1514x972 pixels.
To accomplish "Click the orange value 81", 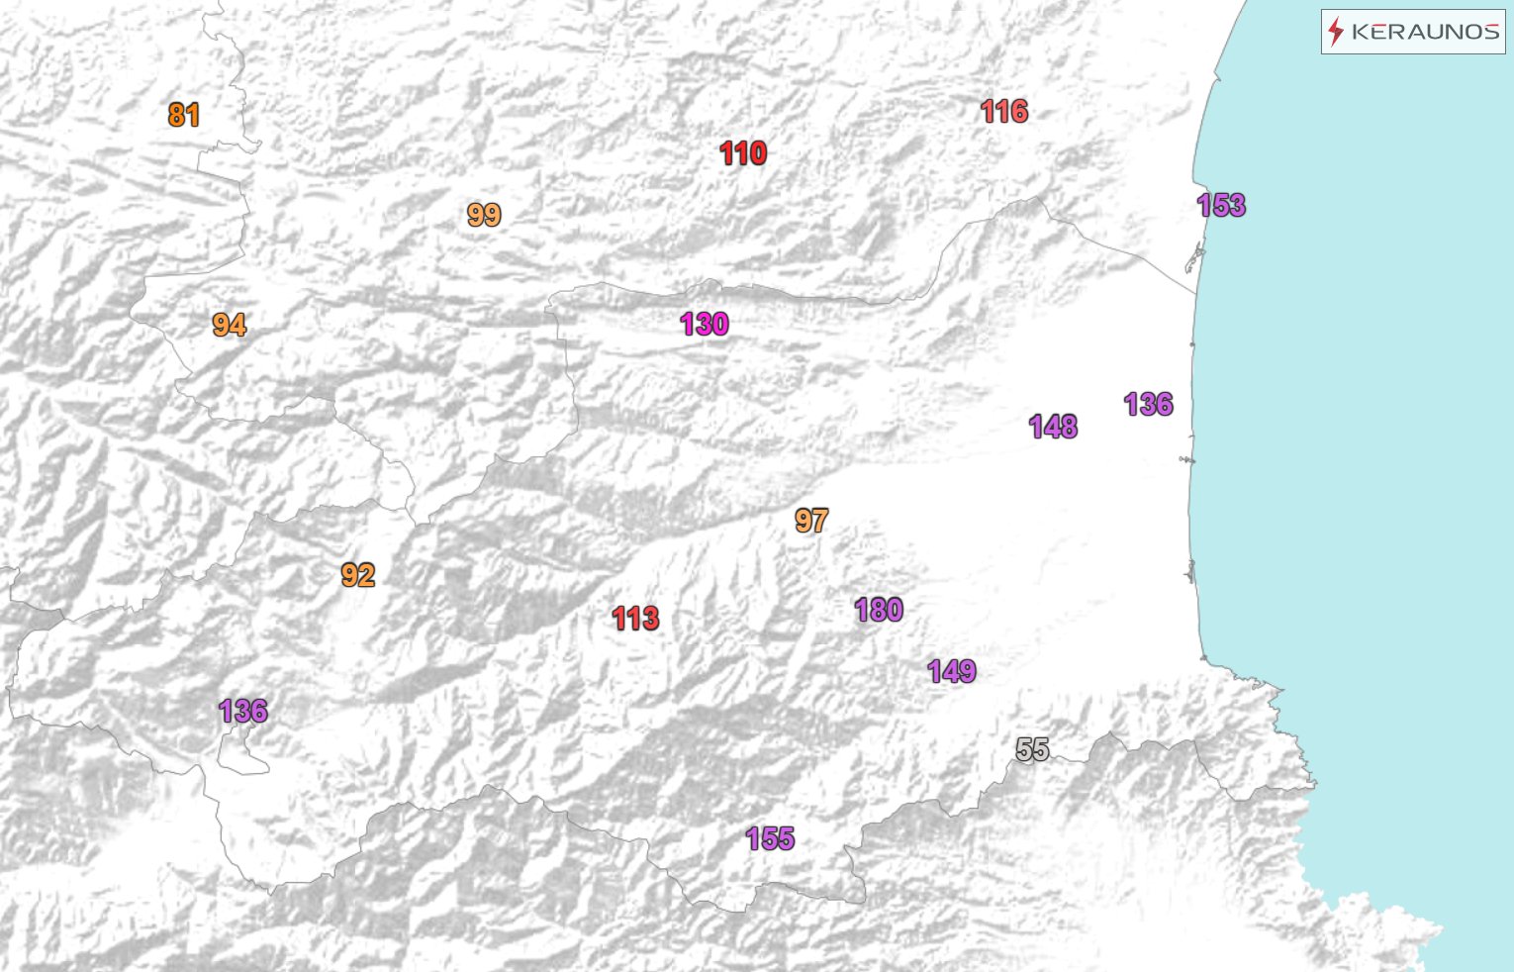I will coord(184,116).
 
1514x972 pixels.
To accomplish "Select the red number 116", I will coord(1004,112).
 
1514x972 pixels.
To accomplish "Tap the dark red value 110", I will coord(743,153).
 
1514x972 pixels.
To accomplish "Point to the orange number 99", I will coord(484,215).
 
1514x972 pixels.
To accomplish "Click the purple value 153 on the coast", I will coord(1221,206).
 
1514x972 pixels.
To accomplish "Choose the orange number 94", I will coord(229,325).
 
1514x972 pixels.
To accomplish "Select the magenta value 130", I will coord(705,324).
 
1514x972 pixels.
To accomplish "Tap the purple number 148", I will coord(1053,427).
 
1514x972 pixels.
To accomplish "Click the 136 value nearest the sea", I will coord(1149,404).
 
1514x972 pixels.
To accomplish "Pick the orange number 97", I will coord(811,521).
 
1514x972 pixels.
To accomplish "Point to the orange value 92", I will coord(357,575).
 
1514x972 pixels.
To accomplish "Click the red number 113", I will coord(635,619).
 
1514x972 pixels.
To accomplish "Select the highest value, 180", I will coord(879,610).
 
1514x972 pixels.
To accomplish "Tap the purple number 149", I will coord(952,672).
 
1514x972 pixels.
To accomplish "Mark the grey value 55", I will coord(1032,750).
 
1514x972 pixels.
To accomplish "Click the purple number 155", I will coord(770,839).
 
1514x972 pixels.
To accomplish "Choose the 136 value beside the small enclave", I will coord(243,711).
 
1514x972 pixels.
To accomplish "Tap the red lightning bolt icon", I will coord(1336,32).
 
